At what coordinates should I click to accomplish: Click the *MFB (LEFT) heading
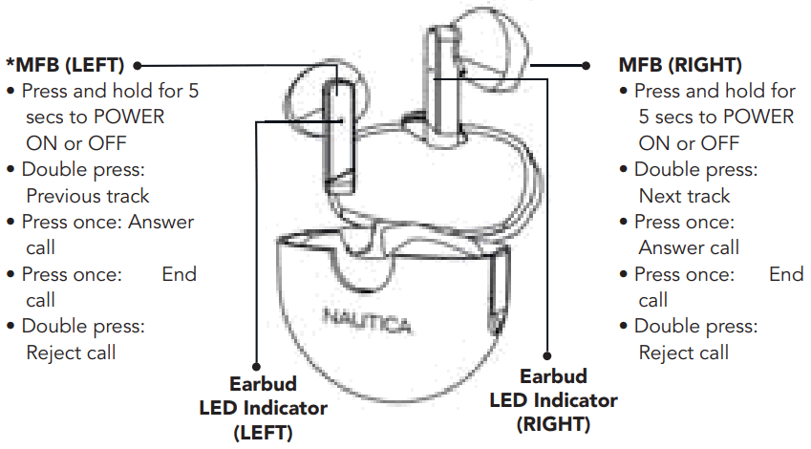(x=65, y=66)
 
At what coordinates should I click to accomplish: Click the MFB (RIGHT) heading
(x=680, y=66)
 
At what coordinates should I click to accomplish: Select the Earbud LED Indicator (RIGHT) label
(x=553, y=399)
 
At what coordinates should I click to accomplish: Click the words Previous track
(x=88, y=196)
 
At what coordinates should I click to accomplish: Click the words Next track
(x=684, y=196)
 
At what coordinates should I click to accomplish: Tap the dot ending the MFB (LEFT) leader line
(x=139, y=66)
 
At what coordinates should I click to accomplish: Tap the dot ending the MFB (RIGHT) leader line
(x=587, y=66)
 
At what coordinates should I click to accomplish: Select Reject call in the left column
(x=71, y=353)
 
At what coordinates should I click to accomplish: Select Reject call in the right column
(x=684, y=353)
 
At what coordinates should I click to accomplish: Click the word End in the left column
(x=179, y=274)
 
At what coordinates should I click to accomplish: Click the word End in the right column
(x=786, y=274)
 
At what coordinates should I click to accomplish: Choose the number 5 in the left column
(x=193, y=92)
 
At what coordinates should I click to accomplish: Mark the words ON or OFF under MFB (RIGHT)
(x=688, y=143)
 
